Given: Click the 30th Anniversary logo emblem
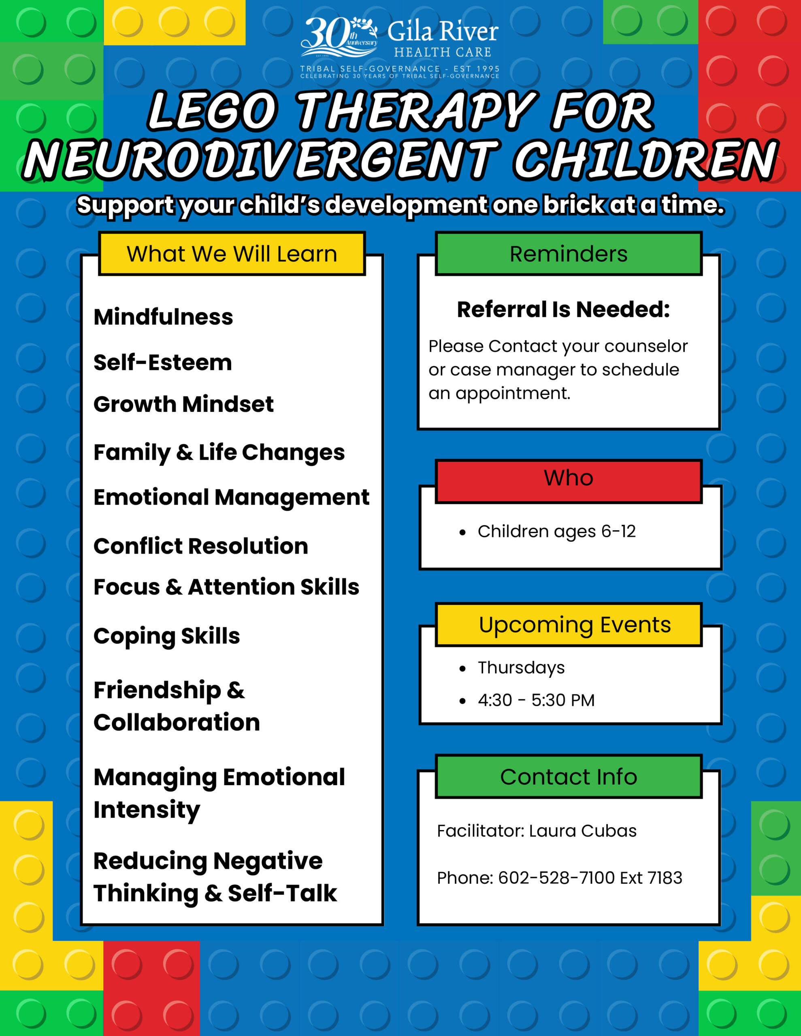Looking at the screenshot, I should [339, 38].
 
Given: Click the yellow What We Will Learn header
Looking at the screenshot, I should [232, 254].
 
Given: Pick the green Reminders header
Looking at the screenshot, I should [568, 254].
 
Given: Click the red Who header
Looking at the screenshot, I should [568, 478].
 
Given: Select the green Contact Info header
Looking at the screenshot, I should [568, 777].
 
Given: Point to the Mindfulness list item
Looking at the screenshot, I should [163, 317].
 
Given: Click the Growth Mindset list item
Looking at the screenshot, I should [183, 404].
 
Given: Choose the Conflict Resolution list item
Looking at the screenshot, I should [200, 546].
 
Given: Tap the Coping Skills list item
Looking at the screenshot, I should [167, 636].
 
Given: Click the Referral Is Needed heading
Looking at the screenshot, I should [563, 309].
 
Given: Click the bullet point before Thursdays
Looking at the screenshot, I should [462, 669].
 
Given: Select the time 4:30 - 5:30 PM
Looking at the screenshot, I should [536, 700].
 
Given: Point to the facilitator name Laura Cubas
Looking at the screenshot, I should [583, 831].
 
